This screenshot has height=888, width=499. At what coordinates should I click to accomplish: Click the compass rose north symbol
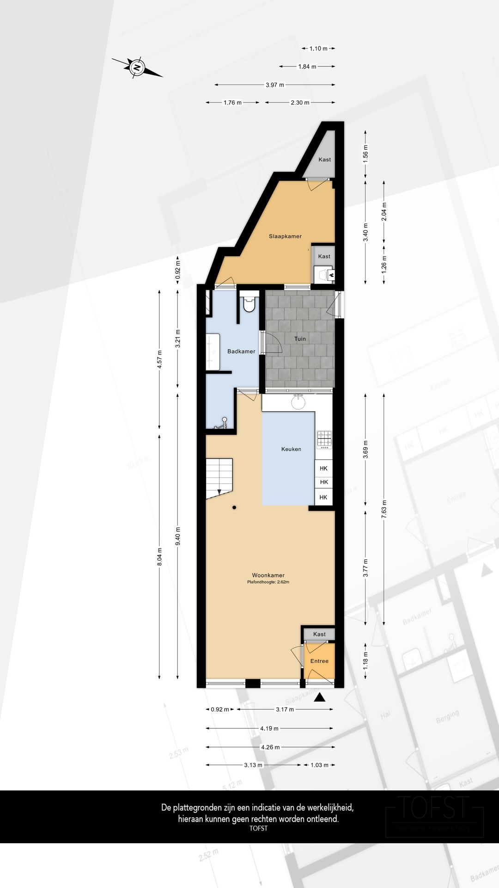pos(137,67)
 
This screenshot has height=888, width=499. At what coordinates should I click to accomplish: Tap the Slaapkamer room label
pos(285,236)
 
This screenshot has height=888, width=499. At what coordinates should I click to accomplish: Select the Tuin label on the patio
pos(300,339)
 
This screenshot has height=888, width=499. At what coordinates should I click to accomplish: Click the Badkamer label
pos(241,351)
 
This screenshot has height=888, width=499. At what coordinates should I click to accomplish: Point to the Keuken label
pos(291,449)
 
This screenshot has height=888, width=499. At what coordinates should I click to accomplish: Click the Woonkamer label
pos(268,575)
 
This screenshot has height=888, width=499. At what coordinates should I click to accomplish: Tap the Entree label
pos(319,661)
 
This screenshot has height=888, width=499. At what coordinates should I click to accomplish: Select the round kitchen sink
pos(298,402)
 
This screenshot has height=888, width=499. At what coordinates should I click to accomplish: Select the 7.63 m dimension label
pos(383,509)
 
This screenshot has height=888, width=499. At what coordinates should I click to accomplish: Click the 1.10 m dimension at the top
pos(318,49)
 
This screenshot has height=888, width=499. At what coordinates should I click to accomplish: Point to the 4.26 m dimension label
pos(270,747)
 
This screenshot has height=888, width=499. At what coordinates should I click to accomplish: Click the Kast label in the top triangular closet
pos(324,160)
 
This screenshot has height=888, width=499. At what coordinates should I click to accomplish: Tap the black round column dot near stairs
pos(235,508)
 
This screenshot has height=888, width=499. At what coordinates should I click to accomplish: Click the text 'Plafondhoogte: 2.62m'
pos(268,582)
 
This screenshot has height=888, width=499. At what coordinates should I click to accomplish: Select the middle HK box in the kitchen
pos(324,482)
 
